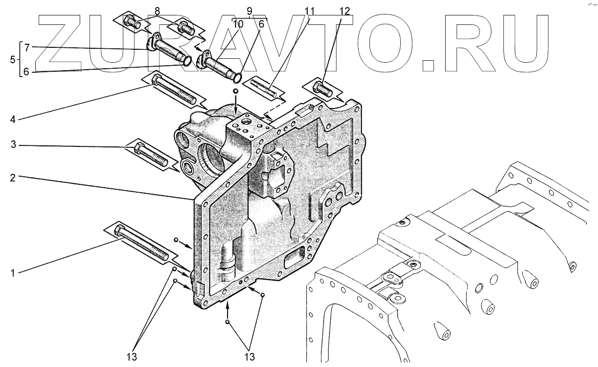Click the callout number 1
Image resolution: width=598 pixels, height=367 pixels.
tap(13, 273)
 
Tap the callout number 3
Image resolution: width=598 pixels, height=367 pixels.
tap(13, 145)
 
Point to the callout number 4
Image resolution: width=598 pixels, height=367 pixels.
tap(13, 119)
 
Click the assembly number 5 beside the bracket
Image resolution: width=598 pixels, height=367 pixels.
tap(12, 59)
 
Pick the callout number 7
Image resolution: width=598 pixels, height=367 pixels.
tap(27, 47)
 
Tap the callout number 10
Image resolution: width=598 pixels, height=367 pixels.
tap(238, 23)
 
